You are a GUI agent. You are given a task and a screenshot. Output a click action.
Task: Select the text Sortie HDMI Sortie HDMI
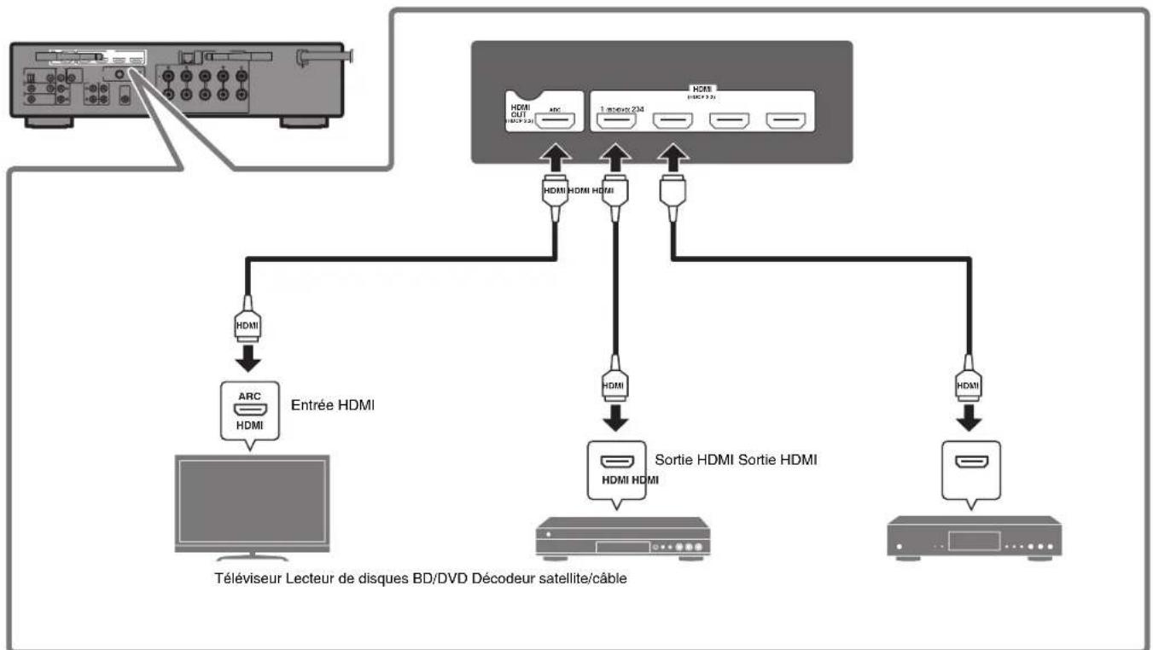point(737,461)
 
